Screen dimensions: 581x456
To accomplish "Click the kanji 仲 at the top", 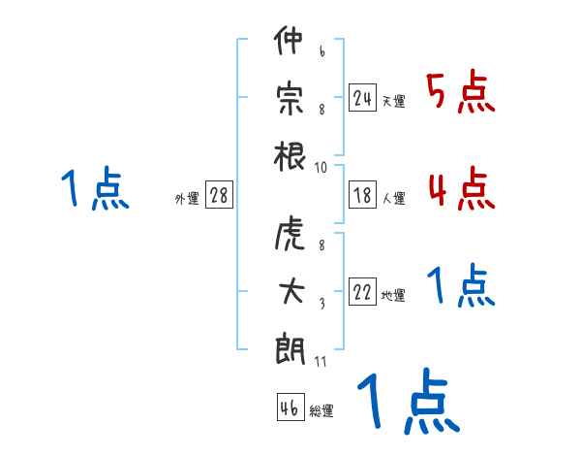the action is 289,40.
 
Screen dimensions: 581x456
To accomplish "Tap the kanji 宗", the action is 290,99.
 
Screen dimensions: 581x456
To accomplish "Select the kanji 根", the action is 290,156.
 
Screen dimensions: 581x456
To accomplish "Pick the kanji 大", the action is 291,291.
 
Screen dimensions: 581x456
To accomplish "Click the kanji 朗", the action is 290,348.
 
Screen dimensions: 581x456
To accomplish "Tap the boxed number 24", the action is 362,98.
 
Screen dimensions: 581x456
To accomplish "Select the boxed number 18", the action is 362,195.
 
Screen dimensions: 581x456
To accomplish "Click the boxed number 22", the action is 362,292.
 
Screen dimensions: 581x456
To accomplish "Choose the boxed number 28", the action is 219,195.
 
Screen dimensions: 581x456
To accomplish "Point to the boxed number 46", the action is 290,407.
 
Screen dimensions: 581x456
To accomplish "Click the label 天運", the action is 394,101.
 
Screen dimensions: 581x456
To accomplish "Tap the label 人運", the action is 394,198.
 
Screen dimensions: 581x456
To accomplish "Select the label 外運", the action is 187,198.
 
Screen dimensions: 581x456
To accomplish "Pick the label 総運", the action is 321,410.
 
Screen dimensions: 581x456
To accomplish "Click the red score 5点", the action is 460,91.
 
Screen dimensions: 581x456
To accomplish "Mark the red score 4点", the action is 462,188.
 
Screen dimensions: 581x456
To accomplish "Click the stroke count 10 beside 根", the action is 321,168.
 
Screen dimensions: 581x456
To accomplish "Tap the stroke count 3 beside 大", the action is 322,304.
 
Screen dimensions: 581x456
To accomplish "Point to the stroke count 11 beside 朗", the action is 321,361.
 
